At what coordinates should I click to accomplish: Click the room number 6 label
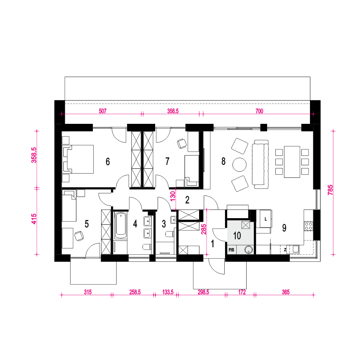(x=108, y=161)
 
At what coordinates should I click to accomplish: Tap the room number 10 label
(x=237, y=236)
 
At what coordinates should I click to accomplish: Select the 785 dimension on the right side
(x=330, y=190)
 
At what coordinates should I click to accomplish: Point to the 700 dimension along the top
(x=259, y=111)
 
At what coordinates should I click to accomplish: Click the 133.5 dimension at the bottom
(x=168, y=292)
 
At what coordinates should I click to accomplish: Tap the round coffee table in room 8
(x=239, y=165)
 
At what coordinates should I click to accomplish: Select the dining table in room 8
(x=292, y=162)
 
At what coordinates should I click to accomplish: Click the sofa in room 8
(x=260, y=164)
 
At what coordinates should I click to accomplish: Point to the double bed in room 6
(x=78, y=159)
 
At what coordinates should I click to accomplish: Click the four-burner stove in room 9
(x=309, y=226)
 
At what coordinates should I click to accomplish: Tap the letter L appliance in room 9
(x=266, y=219)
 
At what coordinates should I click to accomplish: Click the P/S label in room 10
(x=231, y=250)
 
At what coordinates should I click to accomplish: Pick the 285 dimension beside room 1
(x=203, y=229)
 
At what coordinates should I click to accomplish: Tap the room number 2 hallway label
(x=187, y=200)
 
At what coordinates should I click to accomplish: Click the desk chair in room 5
(x=79, y=236)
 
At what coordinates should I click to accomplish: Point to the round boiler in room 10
(x=249, y=250)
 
